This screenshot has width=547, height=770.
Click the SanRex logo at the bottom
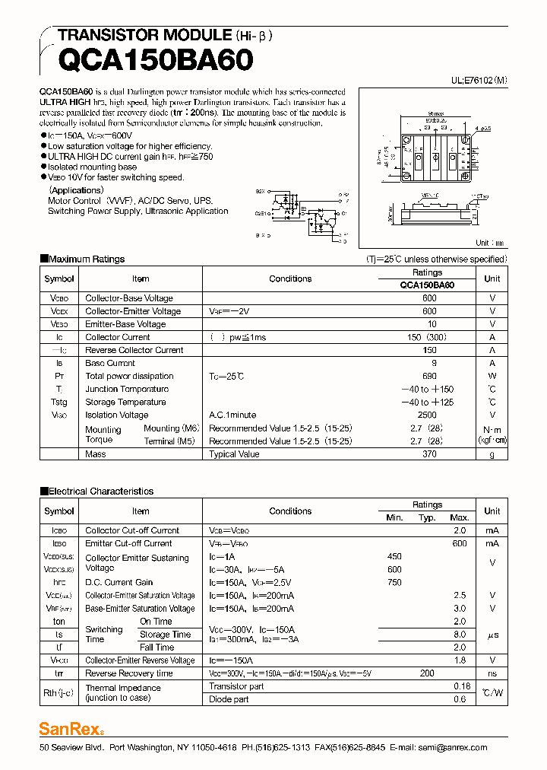pos(70,729)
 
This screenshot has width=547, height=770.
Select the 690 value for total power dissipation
pos(429,376)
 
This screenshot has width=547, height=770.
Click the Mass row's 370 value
pos(429,454)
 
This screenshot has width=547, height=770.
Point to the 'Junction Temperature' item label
pos(126,389)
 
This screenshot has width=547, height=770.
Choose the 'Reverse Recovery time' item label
pos(129,673)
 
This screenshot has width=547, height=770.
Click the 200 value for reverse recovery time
pos(427,673)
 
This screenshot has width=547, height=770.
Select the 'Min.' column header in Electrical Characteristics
pos(394,517)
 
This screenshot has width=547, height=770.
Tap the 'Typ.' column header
pos(427,517)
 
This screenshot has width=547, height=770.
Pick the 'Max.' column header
pos(460,517)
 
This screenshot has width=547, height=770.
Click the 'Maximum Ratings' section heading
pos(86,259)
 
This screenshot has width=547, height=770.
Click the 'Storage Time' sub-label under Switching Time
pos(165,635)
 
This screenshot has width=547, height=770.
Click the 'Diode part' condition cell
pos(229,699)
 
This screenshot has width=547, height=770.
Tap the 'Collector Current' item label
pos(118,337)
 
